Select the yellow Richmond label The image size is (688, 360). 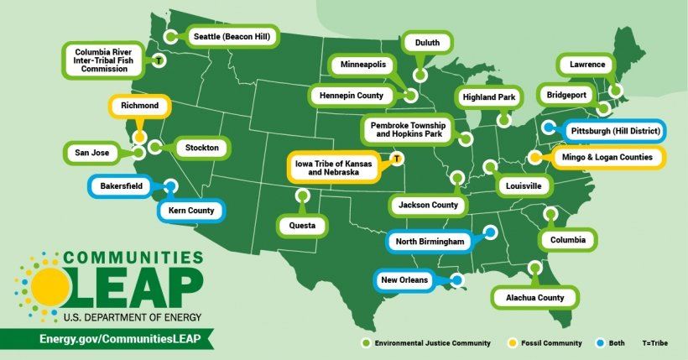pyautogui.click(x=140, y=106)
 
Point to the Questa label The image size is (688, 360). pyautogui.click(x=303, y=225)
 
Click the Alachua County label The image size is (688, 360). pyautogui.click(x=534, y=297)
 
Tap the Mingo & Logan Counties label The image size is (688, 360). pyautogui.click(x=610, y=156)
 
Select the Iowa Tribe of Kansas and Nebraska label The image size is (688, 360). pyautogui.click(x=332, y=166)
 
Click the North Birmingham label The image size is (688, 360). pyautogui.click(x=430, y=242)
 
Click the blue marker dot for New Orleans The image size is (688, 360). pyautogui.click(x=456, y=280)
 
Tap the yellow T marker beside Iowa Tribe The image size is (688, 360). pyautogui.click(x=398, y=157)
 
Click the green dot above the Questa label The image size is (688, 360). pyautogui.click(x=302, y=196)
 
